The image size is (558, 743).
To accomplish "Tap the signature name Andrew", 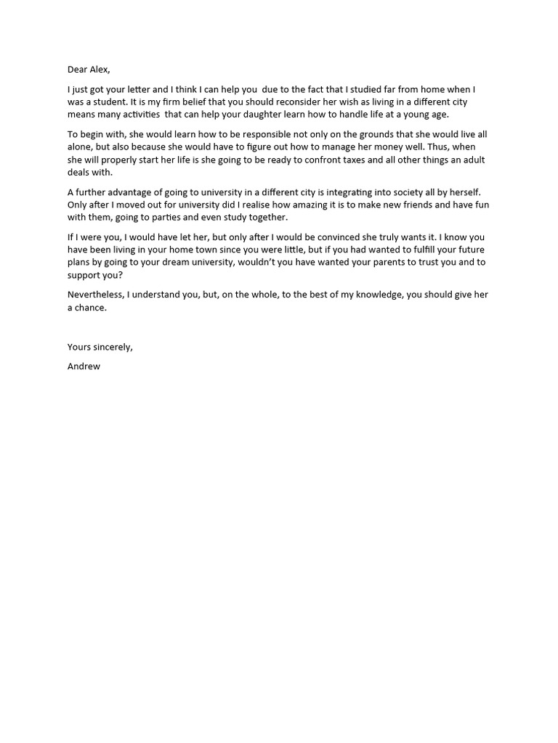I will [84, 366].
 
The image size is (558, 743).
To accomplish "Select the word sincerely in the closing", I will [111, 347].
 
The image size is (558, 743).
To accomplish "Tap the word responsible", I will [234, 134].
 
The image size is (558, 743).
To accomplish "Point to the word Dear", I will [77, 70].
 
